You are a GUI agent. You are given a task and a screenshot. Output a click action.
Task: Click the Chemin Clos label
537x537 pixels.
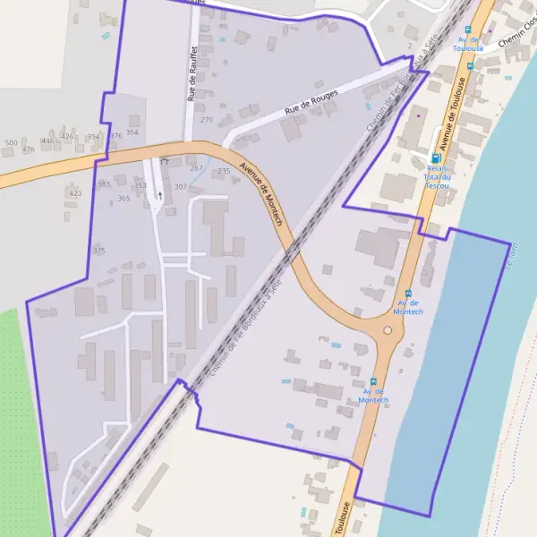516,41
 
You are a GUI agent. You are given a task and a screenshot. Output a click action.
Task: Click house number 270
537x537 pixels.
207,120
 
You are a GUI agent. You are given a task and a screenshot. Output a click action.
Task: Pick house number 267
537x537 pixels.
197,168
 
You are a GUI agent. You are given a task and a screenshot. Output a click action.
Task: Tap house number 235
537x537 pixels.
224,171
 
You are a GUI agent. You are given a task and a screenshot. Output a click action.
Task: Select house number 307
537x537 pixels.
181,187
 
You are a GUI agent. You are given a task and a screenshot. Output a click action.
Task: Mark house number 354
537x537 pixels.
132,132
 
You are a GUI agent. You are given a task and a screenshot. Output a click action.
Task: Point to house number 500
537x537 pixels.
11,143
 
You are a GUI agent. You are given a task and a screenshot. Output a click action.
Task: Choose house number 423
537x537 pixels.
75,193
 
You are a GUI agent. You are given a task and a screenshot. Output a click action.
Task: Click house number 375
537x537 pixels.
99,251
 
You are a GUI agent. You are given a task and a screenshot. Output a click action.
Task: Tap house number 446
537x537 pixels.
47,141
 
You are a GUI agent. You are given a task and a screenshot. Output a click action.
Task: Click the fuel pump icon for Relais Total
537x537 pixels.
436,158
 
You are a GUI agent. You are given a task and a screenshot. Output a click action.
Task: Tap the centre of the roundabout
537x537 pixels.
388,330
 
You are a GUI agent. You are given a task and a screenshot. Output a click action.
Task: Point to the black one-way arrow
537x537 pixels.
160,193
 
